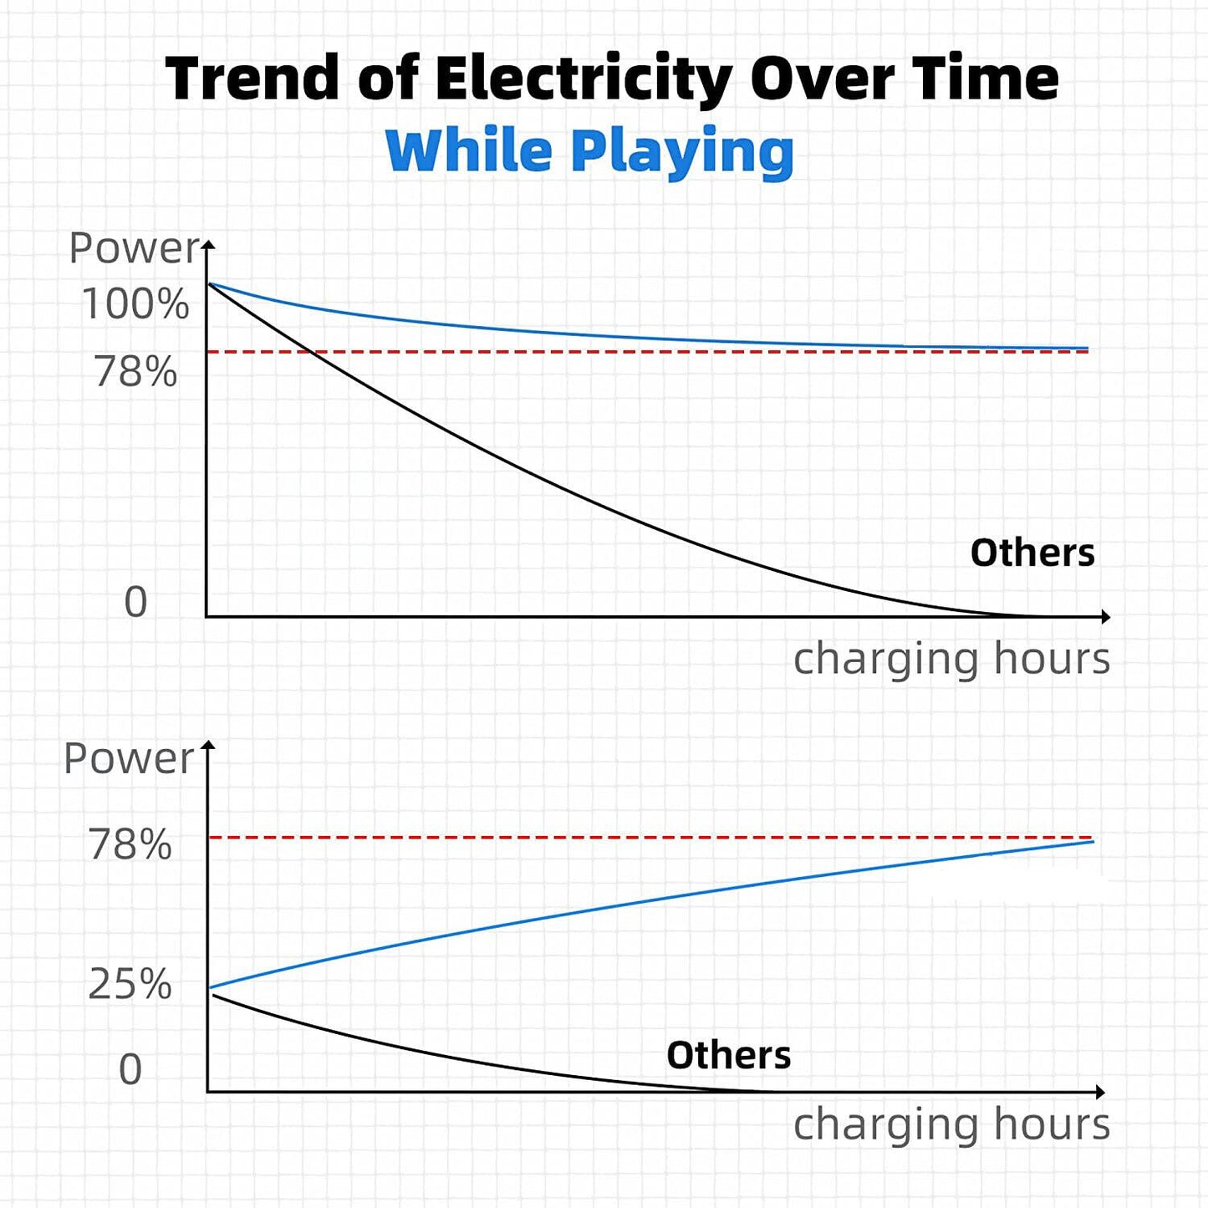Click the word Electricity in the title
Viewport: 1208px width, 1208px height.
[583, 79]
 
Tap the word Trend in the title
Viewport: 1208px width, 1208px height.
[252, 78]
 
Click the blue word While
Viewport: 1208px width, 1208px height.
[470, 150]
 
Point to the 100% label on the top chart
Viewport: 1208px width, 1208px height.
[135, 303]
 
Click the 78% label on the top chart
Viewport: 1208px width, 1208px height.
[136, 371]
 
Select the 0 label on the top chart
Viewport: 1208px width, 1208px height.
[135, 602]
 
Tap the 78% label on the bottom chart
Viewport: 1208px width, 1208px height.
[130, 844]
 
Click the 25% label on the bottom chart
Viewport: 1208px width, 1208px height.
[130, 983]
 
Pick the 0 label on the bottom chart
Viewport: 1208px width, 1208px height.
[130, 1069]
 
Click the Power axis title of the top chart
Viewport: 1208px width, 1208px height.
[134, 248]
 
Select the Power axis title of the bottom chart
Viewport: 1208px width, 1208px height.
[129, 758]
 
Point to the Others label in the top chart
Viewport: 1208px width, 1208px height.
[1032, 553]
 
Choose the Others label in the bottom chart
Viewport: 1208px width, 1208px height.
[728, 1055]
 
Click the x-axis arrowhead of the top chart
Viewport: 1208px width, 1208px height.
[1105, 617]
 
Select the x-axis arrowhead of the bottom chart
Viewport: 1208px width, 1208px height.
[1100, 1092]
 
